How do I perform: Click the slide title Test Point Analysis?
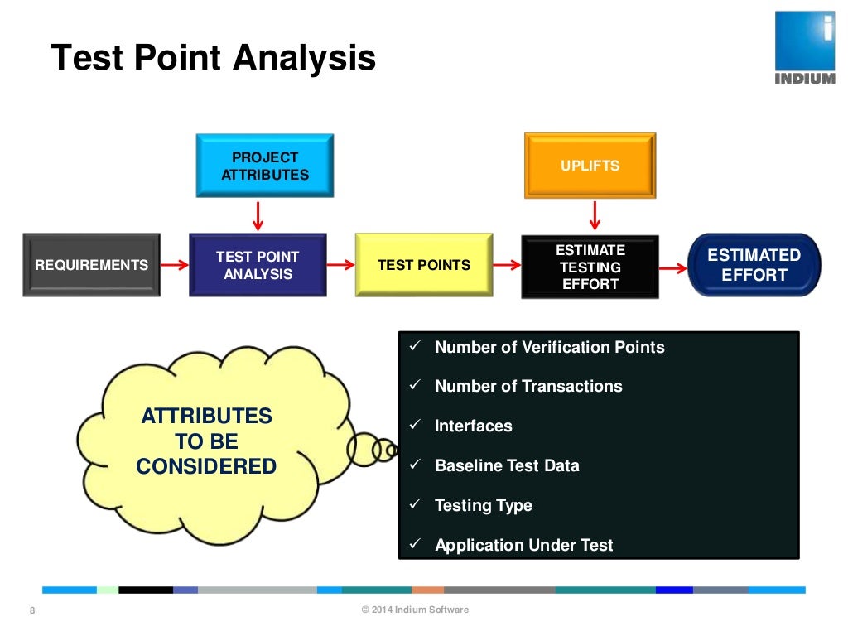tap(213, 59)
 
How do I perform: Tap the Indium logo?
tap(804, 46)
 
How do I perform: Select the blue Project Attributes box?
tap(265, 166)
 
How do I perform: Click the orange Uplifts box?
tap(590, 166)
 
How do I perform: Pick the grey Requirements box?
tap(91, 265)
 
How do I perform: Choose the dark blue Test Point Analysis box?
tap(258, 265)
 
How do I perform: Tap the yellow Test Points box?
tap(424, 265)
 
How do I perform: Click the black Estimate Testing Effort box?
tap(590, 267)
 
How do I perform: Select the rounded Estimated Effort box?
tap(754, 265)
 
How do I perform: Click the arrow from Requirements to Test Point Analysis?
tap(175, 265)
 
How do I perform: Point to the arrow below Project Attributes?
tap(258, 214)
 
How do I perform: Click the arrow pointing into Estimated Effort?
tap(673, 267)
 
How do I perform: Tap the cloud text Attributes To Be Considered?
tap(206, 441)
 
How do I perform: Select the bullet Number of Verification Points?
tap(549, 347)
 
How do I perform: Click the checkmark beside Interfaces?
tap(417, 425)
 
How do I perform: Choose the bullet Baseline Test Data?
tap(507, 465)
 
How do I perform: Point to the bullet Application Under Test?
tap(523, 545)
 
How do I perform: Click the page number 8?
tap(32, 611)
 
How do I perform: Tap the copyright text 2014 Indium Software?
tap(415, 610)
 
